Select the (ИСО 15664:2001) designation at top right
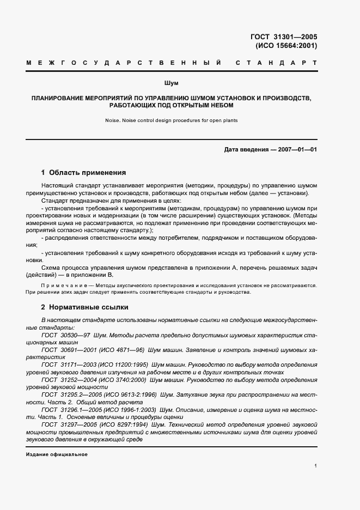tap(286, 46)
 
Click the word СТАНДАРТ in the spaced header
tap(276, 64)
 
